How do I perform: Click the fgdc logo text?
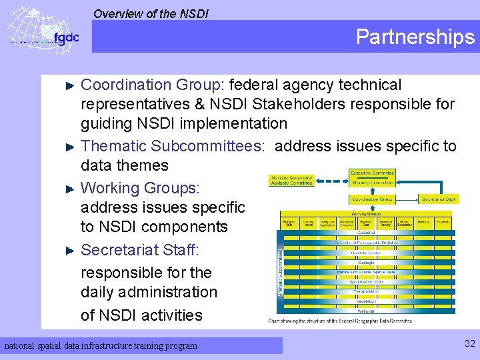tap(65, 37)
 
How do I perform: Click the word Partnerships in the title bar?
tap(415, 37)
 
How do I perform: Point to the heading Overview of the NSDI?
tap(151, 13)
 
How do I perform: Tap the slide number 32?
tap(469, 343)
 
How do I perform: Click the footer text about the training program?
tap(101, 345)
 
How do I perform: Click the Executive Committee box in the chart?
tap(372, 173)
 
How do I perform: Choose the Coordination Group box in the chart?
tap(372, 199)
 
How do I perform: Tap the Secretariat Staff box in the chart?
tap(439, 199)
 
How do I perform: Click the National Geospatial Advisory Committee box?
tap(291, 180)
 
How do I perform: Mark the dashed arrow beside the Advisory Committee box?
tap(332, 181)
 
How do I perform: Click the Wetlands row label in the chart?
tap(365, 310)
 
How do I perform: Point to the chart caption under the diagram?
tap(340, 321)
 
